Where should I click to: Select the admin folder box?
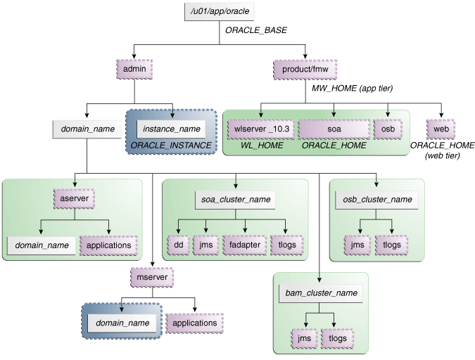[134, 70]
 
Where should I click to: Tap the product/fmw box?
[305, 70]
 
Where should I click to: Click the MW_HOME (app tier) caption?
[352, 89]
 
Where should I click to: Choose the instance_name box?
[172, 129]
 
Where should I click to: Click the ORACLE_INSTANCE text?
[172, 146]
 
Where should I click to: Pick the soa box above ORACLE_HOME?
[333, 129]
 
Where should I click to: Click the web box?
[441, 129]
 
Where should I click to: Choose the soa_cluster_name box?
[235, 199]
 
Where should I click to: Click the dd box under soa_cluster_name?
[178, 245]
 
